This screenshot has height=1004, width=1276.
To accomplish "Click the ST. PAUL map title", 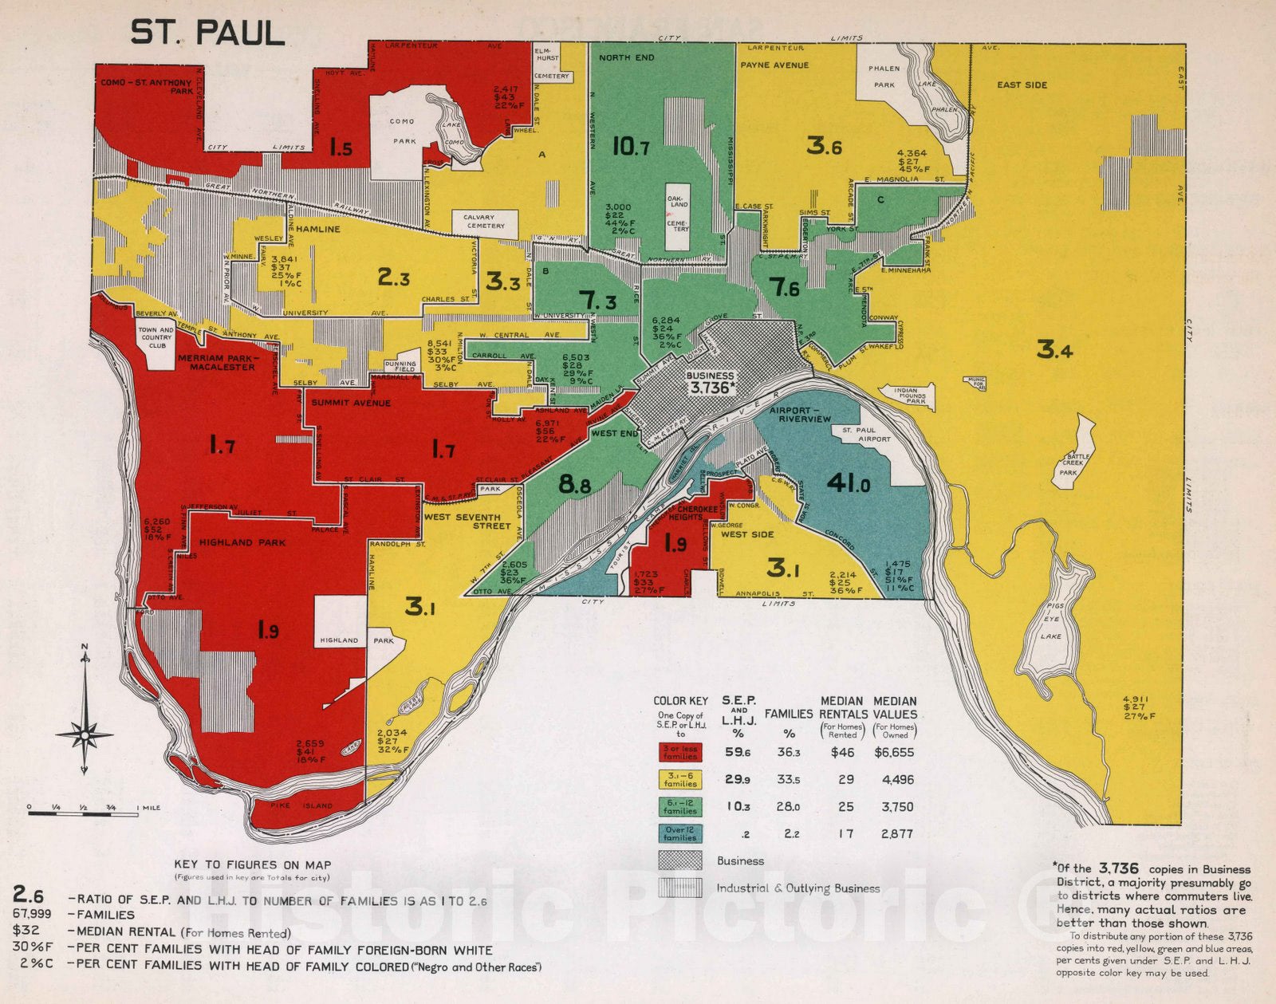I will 207,33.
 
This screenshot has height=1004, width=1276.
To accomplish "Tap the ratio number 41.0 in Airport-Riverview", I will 848,483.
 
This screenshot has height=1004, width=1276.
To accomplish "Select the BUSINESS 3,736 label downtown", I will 710,382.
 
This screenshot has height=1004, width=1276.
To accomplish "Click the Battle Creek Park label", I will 1073,464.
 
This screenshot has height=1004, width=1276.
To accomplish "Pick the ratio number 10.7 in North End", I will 630,147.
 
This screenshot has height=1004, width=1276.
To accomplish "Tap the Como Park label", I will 403,131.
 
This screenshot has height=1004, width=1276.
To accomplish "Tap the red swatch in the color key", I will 679,752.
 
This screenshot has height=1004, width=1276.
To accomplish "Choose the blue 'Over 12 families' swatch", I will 679,834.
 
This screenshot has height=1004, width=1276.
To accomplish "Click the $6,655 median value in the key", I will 893,752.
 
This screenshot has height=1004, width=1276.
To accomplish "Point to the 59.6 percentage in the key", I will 738,752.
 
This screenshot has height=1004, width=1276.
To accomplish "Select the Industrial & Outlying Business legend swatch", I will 679,888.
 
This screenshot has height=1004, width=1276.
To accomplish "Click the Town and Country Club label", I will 156,337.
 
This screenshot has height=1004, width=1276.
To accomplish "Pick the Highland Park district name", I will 242,542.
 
